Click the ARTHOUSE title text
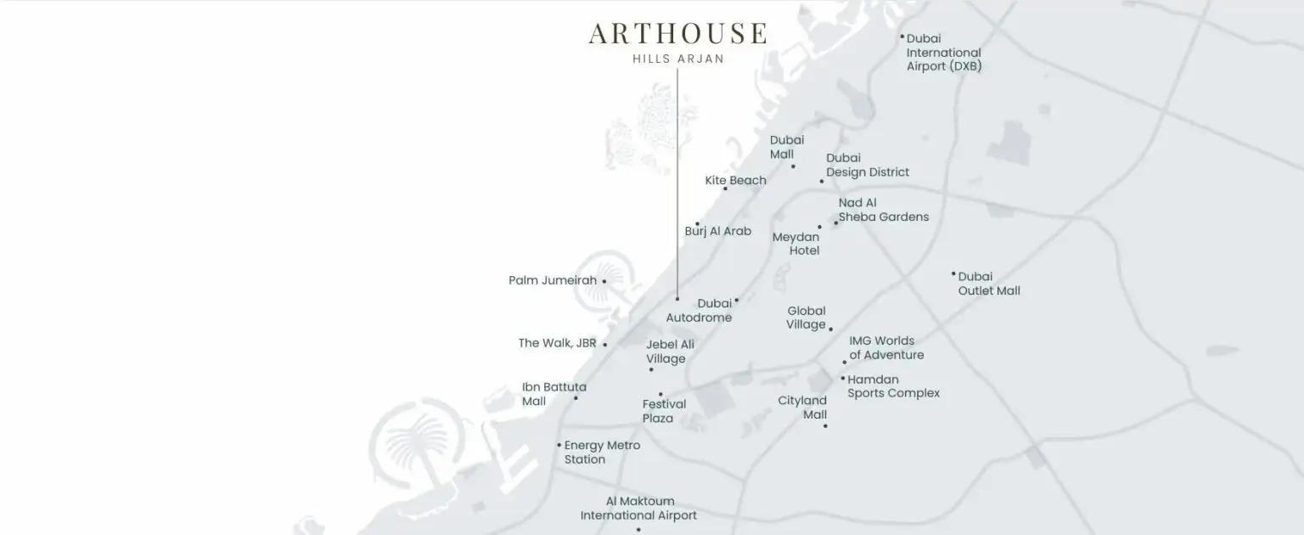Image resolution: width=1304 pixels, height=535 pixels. click(x=677, y=33)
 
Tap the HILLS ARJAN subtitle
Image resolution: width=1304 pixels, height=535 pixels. click(x=678, y=59)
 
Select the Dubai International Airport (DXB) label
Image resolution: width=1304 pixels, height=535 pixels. click(x=943, y=53)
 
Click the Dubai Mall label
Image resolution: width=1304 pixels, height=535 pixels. click(x=786, y=147)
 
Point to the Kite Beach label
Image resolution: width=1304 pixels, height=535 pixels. click(x=735, y=180)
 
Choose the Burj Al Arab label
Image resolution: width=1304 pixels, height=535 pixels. click(x=717, y=231)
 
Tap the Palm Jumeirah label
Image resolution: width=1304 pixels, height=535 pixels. click(x=553, y=280)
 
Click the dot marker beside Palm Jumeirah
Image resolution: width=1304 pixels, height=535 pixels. click(x=604, y=281)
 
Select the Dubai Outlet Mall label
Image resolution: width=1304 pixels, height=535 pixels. click(x=989, y=284)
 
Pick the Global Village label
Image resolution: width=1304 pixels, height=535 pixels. click(x=806, y=318)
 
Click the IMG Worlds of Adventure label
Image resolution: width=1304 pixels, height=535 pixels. click(x=886, y=348)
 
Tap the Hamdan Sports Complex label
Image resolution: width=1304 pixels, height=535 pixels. click(x=893, y=386)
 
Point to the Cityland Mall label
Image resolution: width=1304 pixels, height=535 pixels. click(x=802, y=408)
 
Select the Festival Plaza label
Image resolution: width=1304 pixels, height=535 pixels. click(x=664, y=411)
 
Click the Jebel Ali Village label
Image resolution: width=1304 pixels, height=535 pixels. click(x=669, y=352)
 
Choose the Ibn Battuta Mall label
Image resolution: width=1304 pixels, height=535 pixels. click(x=554, y=394)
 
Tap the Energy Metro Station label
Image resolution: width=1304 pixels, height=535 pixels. click(x=601, y=453)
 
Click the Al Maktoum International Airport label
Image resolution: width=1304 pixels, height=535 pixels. click(x=638, y=509)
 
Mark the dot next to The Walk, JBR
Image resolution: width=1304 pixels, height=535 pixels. click(x=604, y=345)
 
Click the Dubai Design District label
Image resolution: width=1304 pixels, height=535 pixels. click(x=867, y=165)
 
